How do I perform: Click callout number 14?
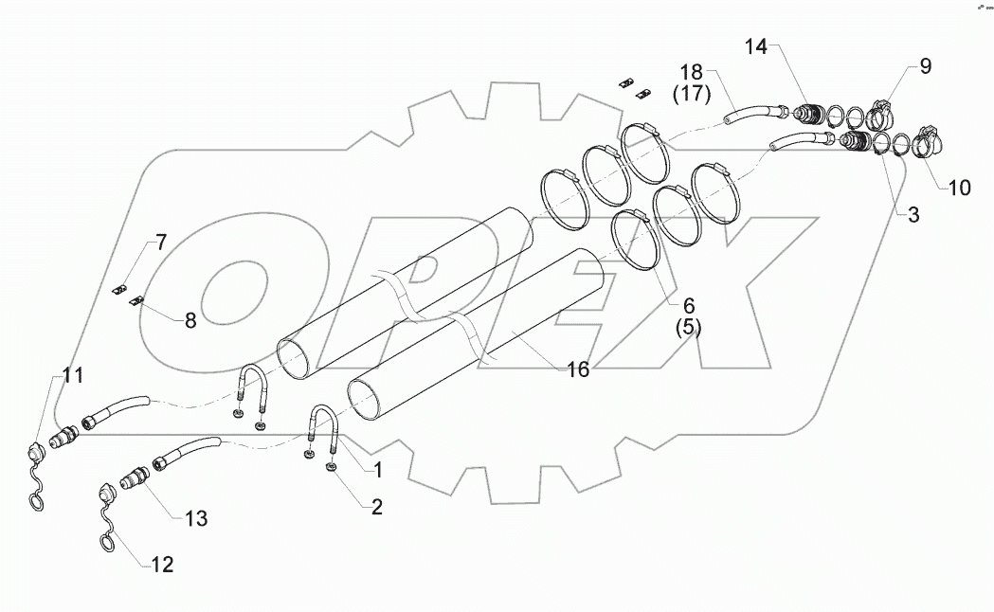pos(758,45)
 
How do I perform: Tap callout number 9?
pos(925,66)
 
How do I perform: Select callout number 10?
pos(959,188)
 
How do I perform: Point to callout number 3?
pos(913,215)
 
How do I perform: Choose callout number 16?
pos(577,369)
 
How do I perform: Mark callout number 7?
pos(161,243)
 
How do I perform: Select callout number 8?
pos(190,320)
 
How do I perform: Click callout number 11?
pos(74,374)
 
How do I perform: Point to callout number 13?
pos(196,518)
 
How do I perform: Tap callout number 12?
pos(162,566)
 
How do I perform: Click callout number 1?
pos(377,468)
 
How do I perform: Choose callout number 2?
pos(376,507)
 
